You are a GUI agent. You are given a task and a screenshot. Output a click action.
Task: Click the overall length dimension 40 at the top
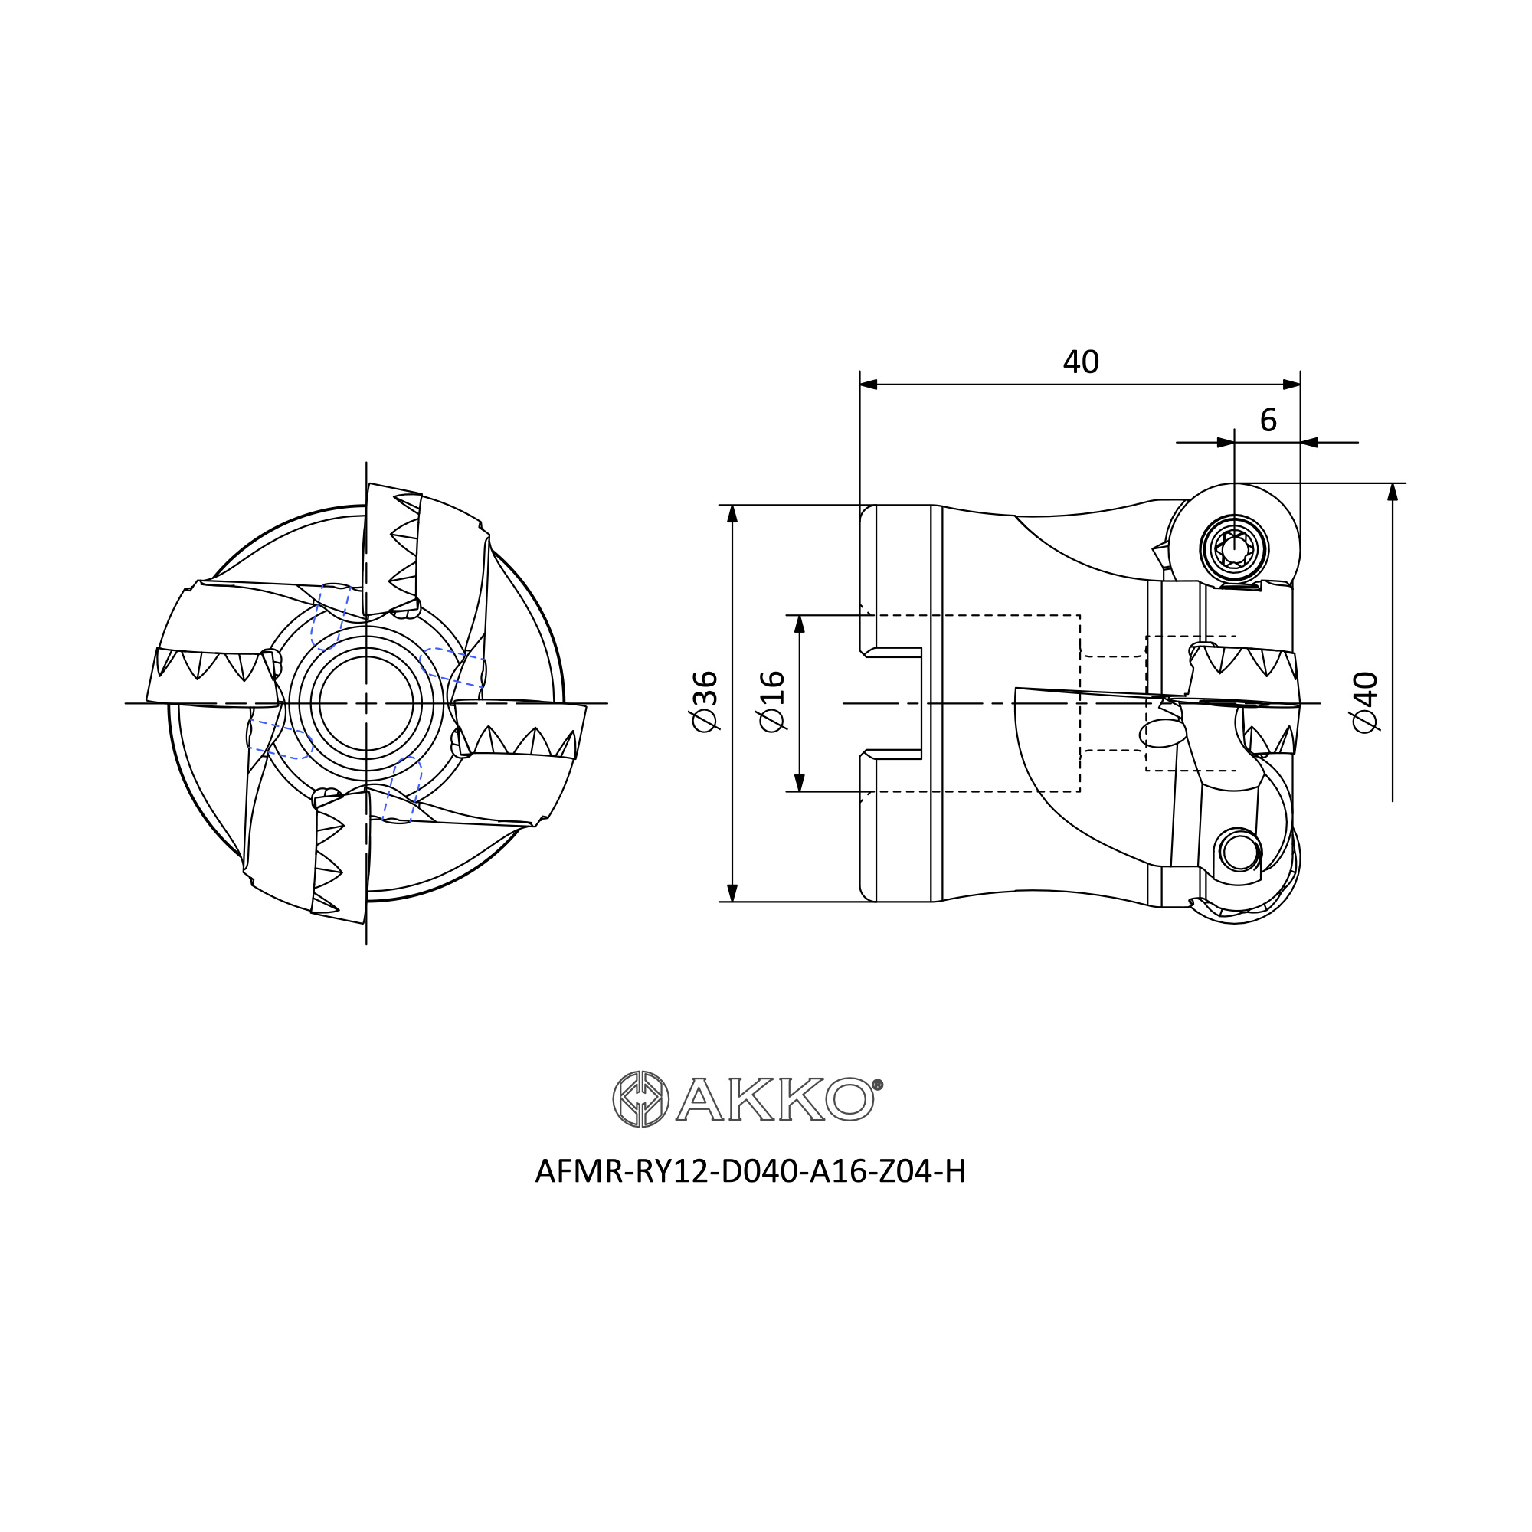[x=1081, y=362]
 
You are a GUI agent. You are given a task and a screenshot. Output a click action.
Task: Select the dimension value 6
[x=1268, y=421]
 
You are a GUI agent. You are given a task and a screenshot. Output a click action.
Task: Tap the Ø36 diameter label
[x=705, y=702]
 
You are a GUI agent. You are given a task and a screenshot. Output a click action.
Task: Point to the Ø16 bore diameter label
[x=771, y=702]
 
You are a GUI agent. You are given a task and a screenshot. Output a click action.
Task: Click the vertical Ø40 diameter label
[x=1366, y=702]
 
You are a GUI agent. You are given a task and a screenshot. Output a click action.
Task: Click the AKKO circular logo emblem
[x=640, y=1099]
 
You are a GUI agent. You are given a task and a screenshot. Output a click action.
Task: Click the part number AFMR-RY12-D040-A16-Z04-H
[x=750, y=1171]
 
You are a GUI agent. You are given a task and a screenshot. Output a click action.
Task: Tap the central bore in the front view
[x=366, y=703]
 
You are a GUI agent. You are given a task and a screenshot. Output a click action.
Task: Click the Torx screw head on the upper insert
[x=1234, y=548]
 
